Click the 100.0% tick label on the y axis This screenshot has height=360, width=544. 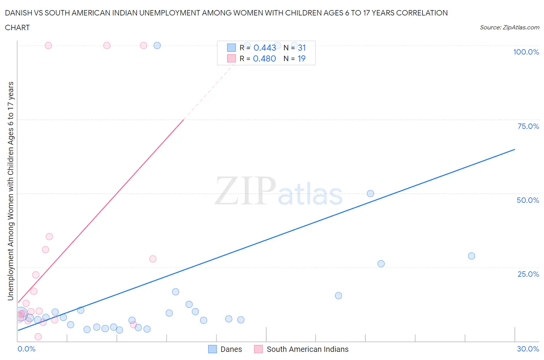click(x=526, y=52)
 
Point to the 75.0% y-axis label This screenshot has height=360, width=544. click(x=528, y=126)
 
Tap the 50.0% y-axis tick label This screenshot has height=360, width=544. click(x=527, y=200)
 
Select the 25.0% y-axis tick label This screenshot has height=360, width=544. click(x=528, y=274)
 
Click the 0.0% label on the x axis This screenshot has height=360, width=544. click(x=26, y=349)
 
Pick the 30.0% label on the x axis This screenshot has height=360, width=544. click(x=528, y=349)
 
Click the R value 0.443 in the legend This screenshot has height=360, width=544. click(x=265, y=48)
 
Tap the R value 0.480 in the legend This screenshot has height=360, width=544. click(x=264, y=58)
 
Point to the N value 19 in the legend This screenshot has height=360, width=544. click(x=301, y=58)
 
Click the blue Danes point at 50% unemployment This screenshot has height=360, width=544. click(x=370, y=194)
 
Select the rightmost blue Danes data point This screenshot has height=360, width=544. click(x=471, y=256)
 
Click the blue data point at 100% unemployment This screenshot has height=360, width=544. click(x=157, y=45)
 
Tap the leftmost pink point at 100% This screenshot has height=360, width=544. click(x=48, y=45)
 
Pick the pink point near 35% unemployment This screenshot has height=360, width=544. click(x=49, y=237)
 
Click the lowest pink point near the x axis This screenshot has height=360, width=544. click(x=38, y=337)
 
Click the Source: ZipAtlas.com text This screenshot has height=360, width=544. click(x=509, y=27)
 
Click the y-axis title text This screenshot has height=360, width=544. click(x=10, y=191)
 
